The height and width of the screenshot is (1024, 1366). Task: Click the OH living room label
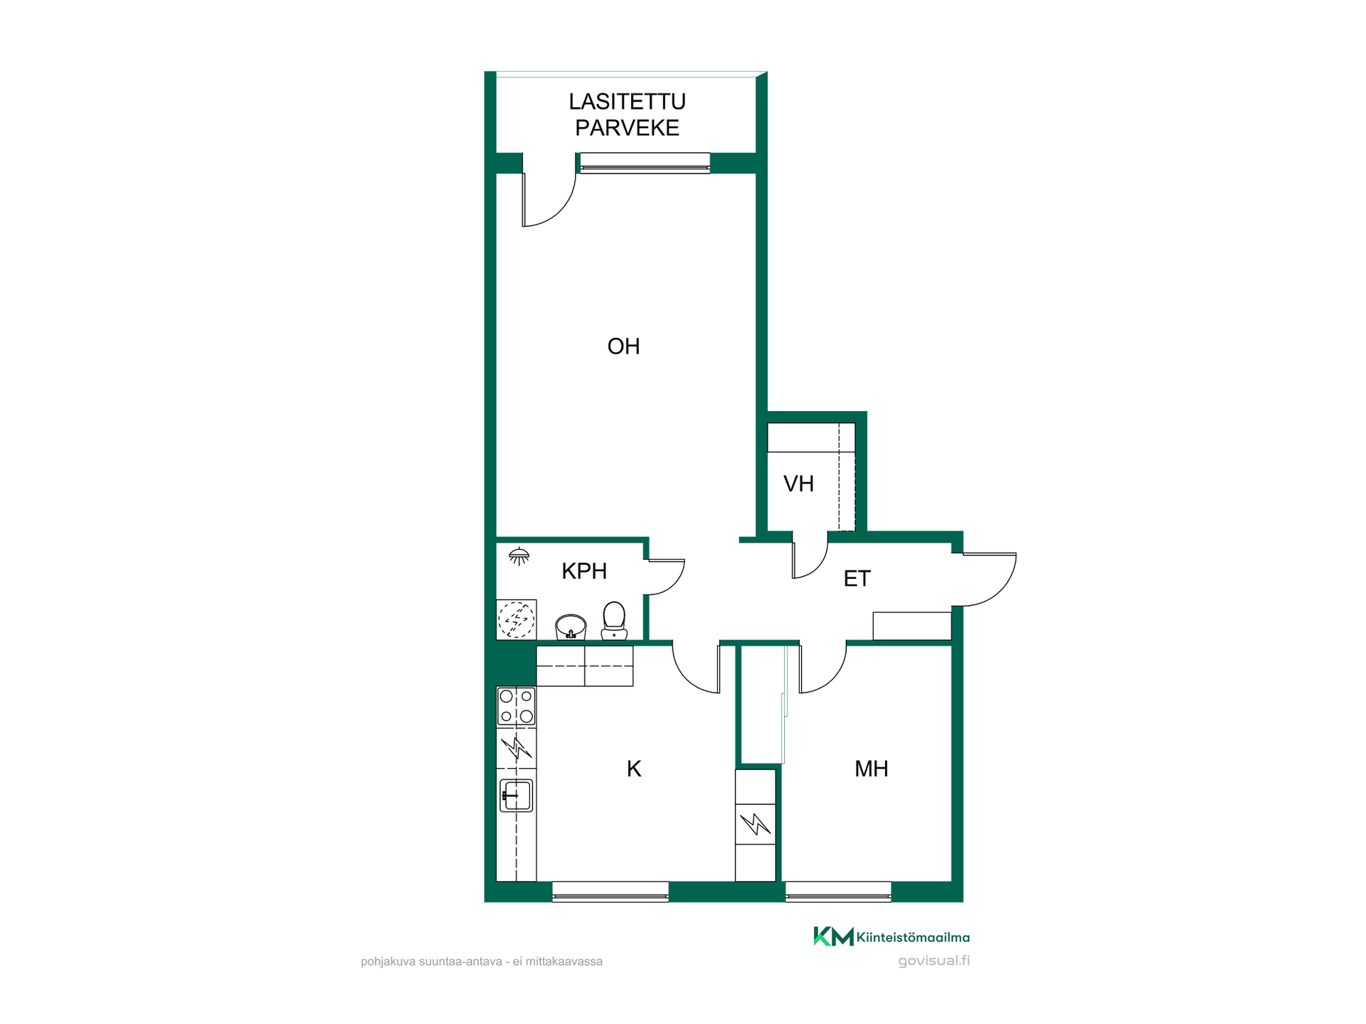point(623,346)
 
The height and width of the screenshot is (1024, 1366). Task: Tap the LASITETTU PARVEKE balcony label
point(628,114)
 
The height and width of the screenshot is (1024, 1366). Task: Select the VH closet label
point(798,484)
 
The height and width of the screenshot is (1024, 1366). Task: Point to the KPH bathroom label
point(584,571)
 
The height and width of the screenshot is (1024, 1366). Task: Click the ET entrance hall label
point(857,579)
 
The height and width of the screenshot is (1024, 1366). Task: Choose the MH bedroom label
point(871,769)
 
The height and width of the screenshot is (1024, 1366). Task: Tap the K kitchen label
point(634,769)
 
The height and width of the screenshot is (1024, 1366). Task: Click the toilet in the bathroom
point(614,621)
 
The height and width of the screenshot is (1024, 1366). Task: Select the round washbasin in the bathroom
point(571,627)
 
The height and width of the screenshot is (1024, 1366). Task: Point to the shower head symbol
point(519,555)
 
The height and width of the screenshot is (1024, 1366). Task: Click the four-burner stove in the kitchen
point(516,706)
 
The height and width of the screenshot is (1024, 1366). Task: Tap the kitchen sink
point(516,796)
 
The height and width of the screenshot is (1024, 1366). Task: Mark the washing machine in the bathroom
point(516,619)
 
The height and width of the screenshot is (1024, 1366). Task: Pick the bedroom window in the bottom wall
point(838,892)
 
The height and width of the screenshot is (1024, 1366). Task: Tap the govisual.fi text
point(933,961)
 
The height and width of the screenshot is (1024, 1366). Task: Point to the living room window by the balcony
point(645,164)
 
